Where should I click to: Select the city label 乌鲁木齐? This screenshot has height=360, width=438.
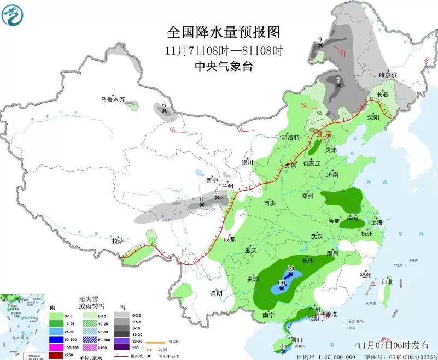point(112,99)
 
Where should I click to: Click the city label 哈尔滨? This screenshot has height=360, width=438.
point(388,74)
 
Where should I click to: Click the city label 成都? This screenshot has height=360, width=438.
point(229,239)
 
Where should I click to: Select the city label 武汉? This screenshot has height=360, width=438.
point(317,236)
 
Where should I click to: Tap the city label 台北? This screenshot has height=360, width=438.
point(387,282)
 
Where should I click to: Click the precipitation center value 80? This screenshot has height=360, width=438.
point(290,268)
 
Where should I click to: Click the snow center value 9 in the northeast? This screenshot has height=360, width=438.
point(320,39)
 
